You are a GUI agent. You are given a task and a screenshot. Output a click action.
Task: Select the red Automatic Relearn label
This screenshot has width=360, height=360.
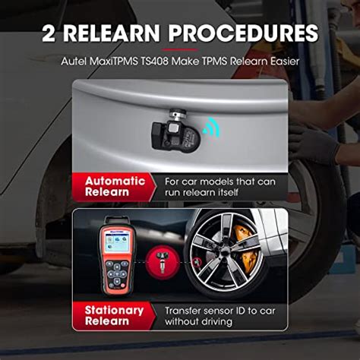point(115,187)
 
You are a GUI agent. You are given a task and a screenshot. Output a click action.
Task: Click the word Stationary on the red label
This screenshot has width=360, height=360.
point(114,310)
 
